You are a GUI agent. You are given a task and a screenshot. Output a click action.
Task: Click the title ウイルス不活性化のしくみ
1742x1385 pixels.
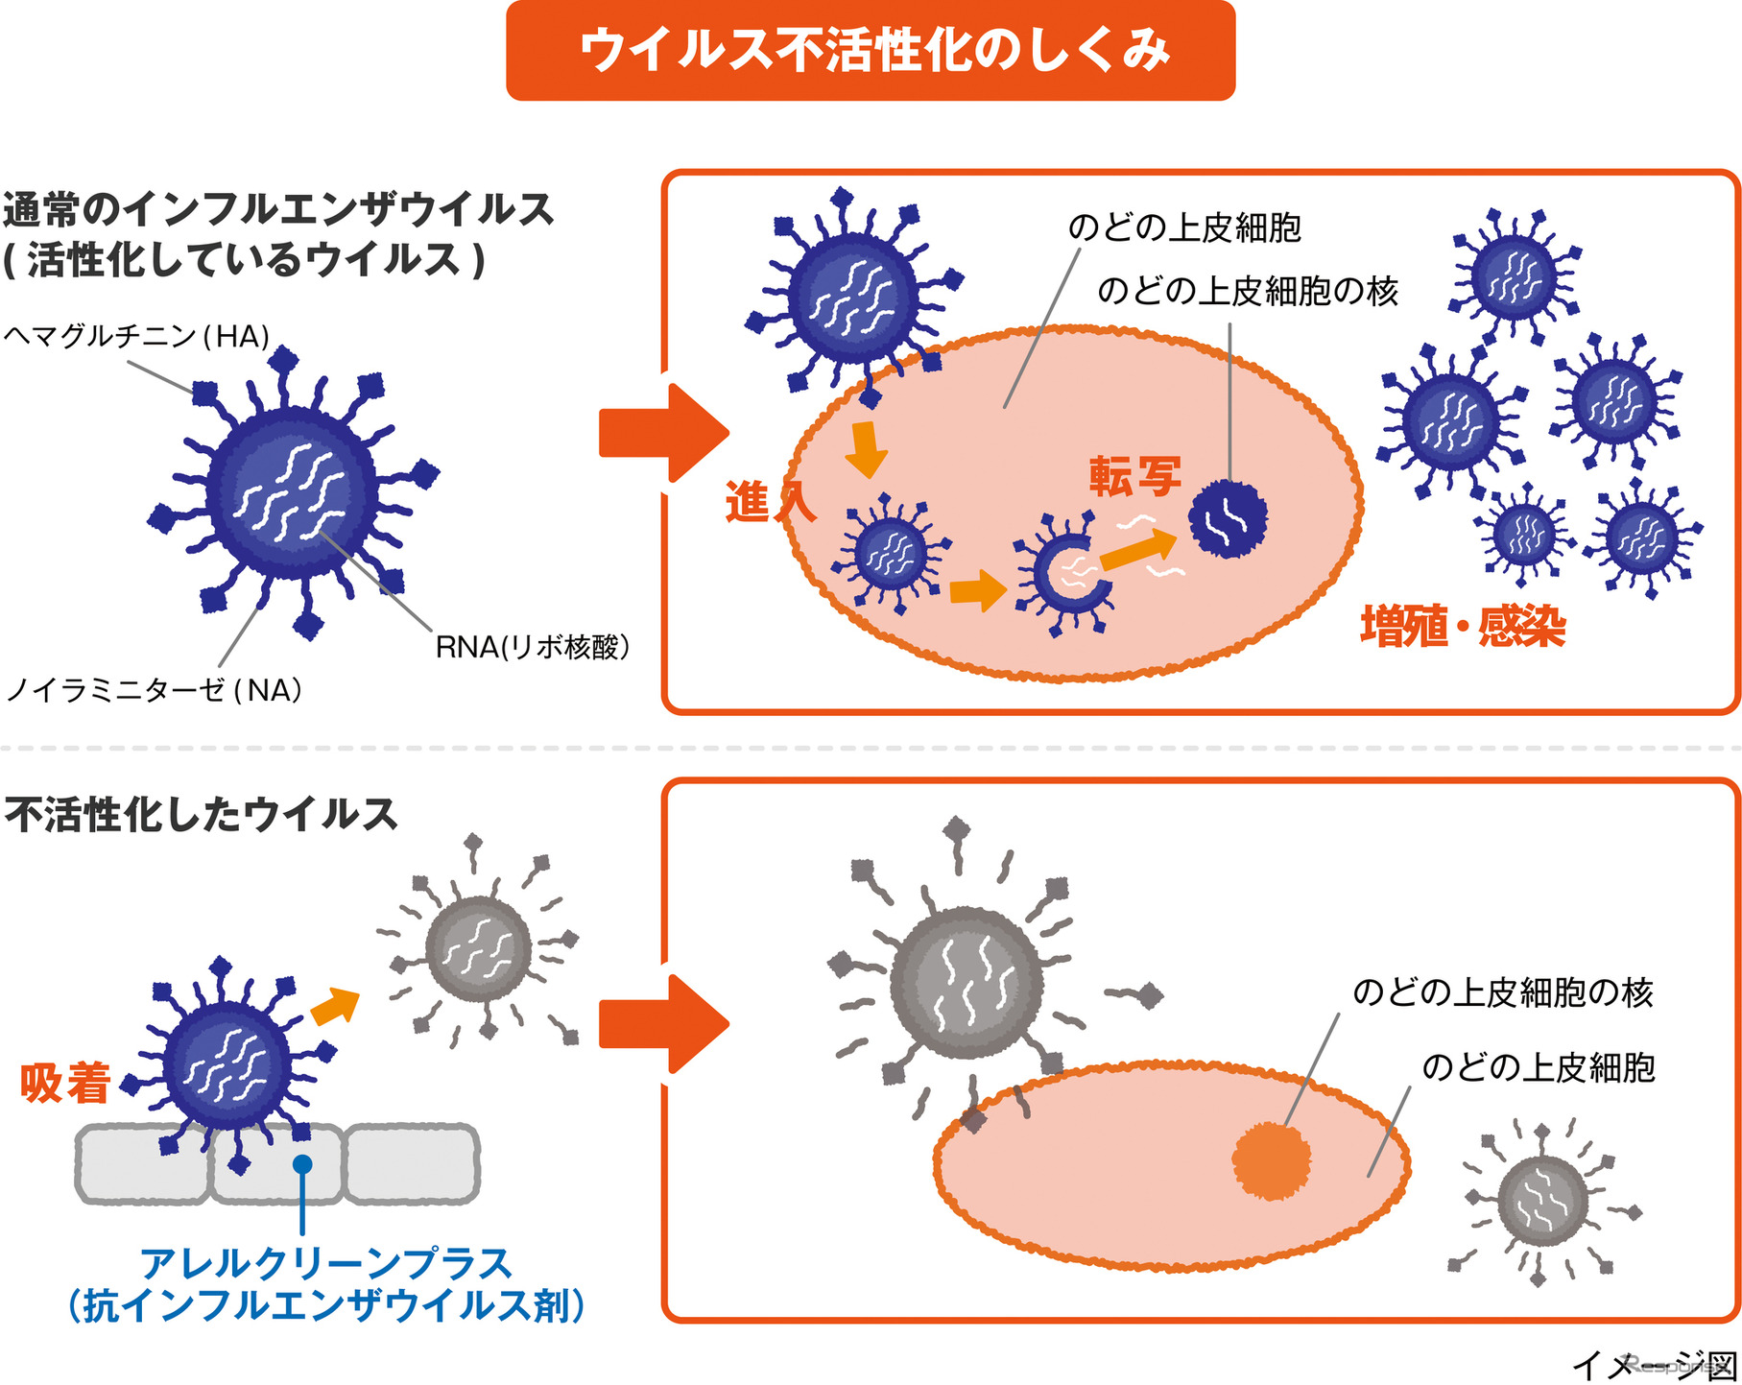[871, 50]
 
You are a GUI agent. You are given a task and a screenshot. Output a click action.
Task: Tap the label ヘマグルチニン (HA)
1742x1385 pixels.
[136, 337]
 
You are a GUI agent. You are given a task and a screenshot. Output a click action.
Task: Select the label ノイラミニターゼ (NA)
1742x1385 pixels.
[154, 689]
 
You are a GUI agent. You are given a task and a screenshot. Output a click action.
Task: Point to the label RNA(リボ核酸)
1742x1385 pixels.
[532, 647]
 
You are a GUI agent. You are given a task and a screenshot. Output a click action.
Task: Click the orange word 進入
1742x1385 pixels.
[769, 502]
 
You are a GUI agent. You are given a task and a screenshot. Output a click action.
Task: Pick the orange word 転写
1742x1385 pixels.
[1134, 476]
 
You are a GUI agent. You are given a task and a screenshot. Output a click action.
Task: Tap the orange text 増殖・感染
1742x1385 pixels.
[1463, 627]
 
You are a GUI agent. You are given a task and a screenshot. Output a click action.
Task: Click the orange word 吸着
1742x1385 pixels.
[65, 1083]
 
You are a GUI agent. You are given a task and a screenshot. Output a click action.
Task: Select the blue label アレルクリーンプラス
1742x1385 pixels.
[326, 1263]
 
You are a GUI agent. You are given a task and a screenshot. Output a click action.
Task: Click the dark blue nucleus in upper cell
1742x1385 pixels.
[1228, 519]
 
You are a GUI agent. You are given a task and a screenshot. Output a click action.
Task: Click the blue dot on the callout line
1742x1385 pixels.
[302, 1164]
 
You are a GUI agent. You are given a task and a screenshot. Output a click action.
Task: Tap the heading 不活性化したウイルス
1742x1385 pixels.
[201, 814]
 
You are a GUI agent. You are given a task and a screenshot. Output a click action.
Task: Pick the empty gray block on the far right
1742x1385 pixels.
[412, 1164]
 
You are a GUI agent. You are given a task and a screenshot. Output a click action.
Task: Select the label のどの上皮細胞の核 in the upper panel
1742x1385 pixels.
[1248, 290]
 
